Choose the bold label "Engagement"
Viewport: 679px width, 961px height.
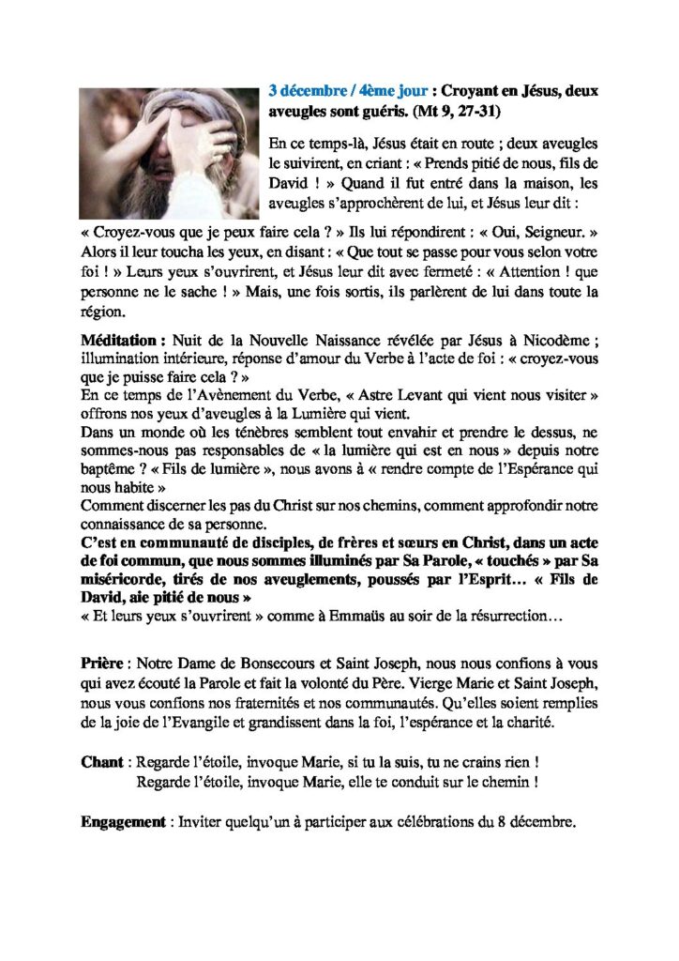click(x=123, y=822)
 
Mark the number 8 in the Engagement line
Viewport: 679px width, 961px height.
click(x=491, y=822)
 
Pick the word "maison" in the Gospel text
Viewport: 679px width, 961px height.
click(x=511, y=184)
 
